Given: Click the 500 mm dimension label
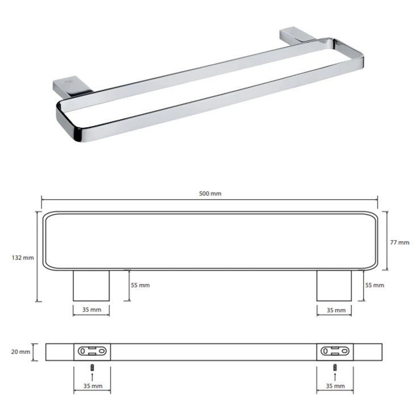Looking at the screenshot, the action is point(210,194).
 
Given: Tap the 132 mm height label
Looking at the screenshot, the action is point(23,258).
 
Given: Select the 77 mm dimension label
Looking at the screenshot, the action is point(400,242).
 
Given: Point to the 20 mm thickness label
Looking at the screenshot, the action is point(20,352).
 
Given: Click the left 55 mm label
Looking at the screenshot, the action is point(140,285).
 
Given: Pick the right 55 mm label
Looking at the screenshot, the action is point(375,285).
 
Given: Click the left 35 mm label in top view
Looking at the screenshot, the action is point(91,310).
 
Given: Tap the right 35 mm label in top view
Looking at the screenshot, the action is point(336,310).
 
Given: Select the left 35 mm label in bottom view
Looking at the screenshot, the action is point(93,386).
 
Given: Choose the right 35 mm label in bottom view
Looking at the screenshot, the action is point(335,386).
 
